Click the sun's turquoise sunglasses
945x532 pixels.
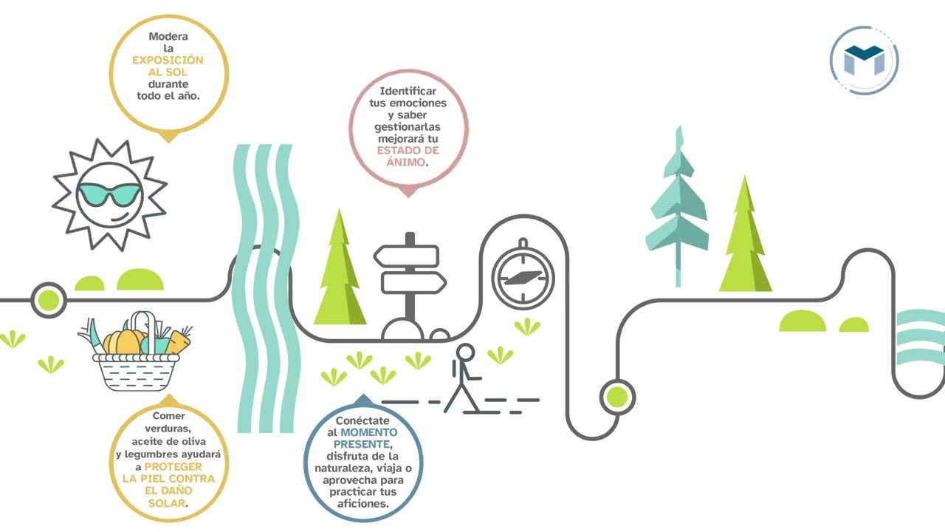[x=109, y=194]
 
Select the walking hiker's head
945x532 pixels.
[x=465, y=352]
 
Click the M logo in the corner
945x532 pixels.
[x=864, y=61]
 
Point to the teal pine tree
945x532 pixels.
[x=678, y=207]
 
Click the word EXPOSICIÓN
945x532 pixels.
[x=168, y=60]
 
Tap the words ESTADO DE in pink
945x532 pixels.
[x=408, y=150]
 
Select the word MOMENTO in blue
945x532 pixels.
[x=368, y=432]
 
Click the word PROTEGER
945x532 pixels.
[x=173, y=466]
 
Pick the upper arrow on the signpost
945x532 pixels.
[x=406, y=256]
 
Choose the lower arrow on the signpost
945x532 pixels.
[x=413, y=282]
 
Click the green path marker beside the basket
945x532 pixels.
[x=49, y=300]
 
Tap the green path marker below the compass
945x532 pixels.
[x=617, y=397]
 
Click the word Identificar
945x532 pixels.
[x=408, y=91]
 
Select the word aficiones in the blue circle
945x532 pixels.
[x=362, y=504]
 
